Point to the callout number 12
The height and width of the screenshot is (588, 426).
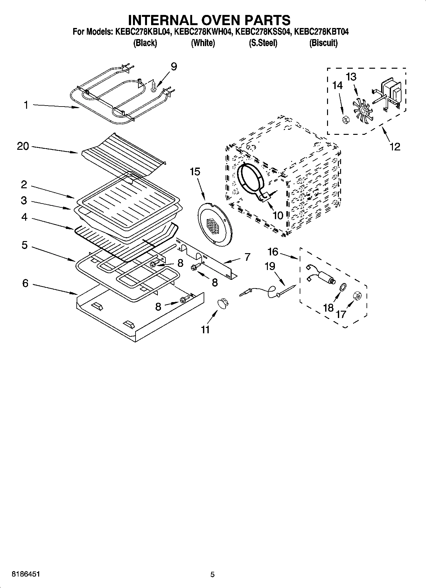point(395,147)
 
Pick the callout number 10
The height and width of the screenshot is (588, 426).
point(278,215)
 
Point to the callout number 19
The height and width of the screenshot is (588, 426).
point(270,266)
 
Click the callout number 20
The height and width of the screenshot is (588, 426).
point(23,146)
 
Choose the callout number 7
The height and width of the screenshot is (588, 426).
point(247,257)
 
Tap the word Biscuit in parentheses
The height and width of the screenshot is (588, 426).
point(323,43)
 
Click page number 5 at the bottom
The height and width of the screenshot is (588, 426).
point(213,574)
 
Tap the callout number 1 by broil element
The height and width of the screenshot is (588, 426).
point(26,105)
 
